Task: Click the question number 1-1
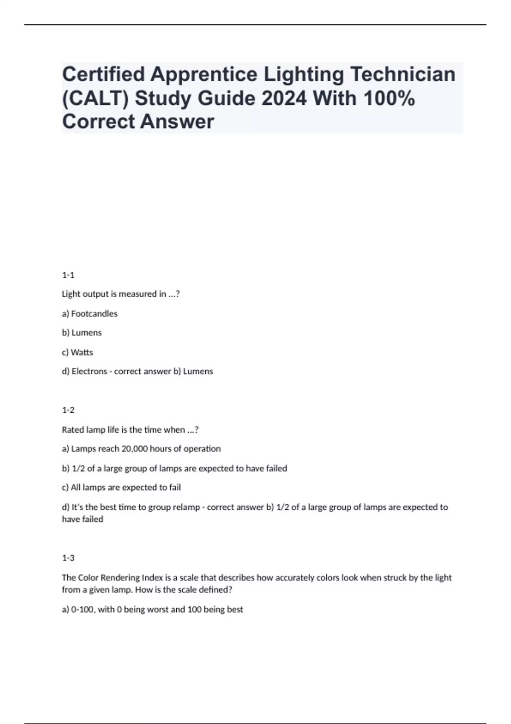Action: pos(68,275)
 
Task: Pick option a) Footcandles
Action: pos(89,314)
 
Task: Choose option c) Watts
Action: pos(78,353)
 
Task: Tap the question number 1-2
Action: pos(68,410)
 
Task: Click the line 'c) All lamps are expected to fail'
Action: pos(121,488)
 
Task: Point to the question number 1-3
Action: pos(68,558)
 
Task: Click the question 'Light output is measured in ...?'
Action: pos(121,294)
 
